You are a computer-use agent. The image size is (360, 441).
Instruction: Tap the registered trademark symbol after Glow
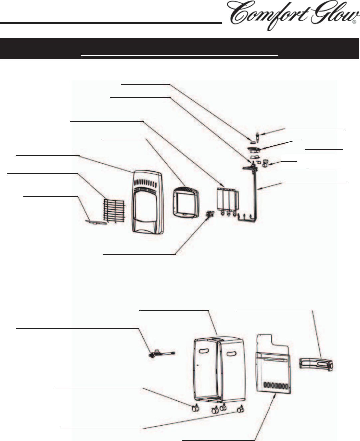pos(354,22)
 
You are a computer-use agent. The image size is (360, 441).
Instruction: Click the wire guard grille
pos(114,211)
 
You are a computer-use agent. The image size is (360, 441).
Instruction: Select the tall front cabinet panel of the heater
pos(147,202)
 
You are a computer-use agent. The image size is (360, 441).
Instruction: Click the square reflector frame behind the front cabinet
pos(186,203)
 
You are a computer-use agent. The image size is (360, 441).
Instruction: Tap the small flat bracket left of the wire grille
pos(96,222)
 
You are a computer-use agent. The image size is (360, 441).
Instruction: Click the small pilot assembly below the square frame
pos(210,214)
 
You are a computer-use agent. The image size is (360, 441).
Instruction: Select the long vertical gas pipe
pos(255,197)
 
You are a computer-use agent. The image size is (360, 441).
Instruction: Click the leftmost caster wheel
pos(195,408)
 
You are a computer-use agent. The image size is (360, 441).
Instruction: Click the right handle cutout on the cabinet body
pos(232,354)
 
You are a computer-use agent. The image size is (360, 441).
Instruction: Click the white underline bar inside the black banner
pos(179,56)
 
